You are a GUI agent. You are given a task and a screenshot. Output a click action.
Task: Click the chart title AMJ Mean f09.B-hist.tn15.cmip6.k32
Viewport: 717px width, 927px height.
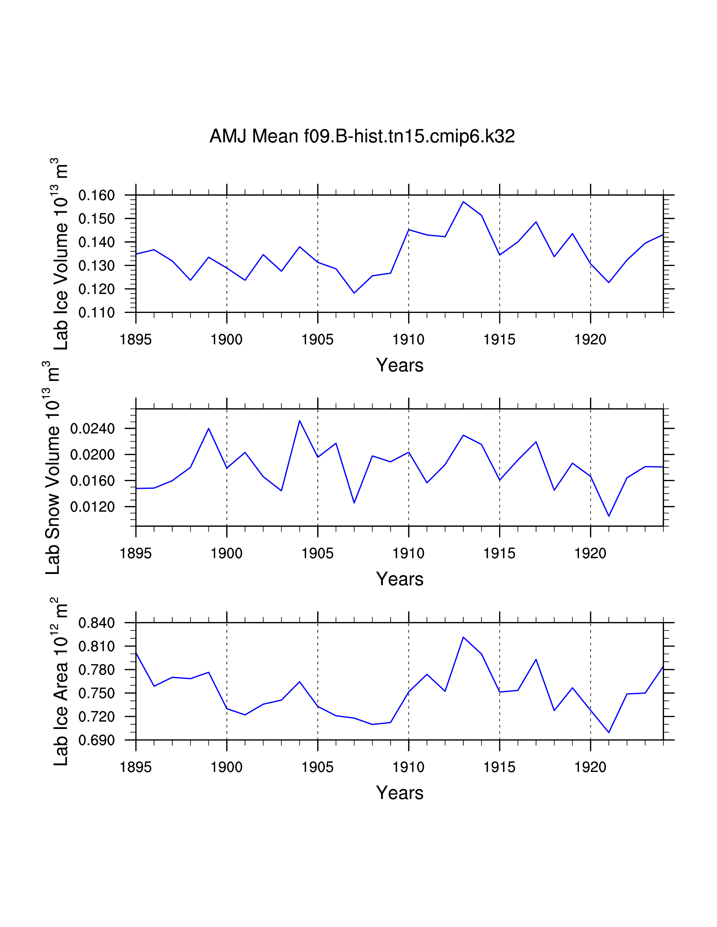coord(362,136)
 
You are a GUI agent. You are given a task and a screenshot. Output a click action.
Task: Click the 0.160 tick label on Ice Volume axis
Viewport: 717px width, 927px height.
coord(96,196)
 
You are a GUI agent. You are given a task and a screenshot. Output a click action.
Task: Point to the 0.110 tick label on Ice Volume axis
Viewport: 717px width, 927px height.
coord(96,313)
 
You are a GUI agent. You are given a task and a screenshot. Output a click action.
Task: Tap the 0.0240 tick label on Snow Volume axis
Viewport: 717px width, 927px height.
coord(92,429)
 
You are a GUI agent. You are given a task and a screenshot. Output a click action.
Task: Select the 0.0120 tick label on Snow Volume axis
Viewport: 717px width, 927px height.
coord(92,507)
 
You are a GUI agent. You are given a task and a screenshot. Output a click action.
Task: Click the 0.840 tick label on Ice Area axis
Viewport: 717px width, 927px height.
coord(96,623)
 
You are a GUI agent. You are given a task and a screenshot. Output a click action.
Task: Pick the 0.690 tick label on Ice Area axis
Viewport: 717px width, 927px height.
coord(96,740)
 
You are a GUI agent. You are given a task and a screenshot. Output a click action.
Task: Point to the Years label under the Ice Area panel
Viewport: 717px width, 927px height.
coord(399,793)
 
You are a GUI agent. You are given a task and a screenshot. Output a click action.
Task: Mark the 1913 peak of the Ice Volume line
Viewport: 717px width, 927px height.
coord(463,202)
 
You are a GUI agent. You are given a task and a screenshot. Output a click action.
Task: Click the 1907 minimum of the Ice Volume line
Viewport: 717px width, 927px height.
coord(354,293)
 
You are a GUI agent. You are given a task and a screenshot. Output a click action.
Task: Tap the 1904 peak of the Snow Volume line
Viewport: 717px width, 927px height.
coord(299,421)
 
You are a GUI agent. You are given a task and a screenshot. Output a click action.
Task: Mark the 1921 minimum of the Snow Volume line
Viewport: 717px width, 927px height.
coord(609,516)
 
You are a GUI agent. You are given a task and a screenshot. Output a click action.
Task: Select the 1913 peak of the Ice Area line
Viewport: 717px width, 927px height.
coord(463,637)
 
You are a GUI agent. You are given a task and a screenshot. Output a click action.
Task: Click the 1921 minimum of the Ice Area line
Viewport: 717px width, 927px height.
coord(609,732)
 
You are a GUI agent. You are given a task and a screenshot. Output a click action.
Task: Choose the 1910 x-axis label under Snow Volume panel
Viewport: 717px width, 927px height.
coord(408,553)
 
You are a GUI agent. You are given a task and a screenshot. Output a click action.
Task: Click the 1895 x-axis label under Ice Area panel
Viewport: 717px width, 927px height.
coord(136,767)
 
